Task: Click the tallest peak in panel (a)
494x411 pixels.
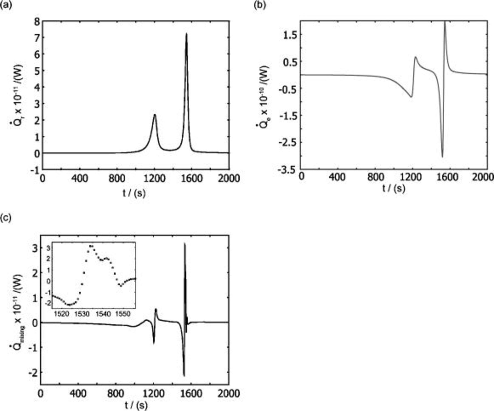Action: pos(186,34)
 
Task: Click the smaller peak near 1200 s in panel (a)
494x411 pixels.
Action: pos(155,115)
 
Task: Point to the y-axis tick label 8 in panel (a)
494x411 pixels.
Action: pos(37,21)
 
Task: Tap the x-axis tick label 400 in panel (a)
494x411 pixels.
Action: pos(80,179)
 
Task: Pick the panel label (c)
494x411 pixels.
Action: pos(6,218)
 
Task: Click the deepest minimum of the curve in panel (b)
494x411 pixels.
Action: pos(442,157)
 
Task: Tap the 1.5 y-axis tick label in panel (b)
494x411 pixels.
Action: pos(290,35)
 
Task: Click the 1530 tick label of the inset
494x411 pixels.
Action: pos(82,314)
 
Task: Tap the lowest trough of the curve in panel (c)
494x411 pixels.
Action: pos(184,375)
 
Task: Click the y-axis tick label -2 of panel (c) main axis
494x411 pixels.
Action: pos(33,372)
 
